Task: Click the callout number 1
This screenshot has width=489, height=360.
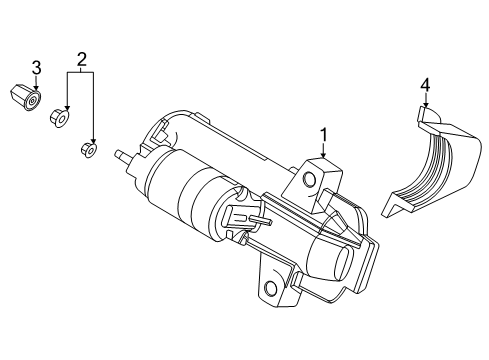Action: click(x=324, y=134)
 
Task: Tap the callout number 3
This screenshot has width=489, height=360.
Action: click(x=35, y=67)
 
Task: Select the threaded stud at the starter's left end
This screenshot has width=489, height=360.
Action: click(x=123, y=157)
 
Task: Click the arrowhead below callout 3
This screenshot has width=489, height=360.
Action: click(x=35, y=91)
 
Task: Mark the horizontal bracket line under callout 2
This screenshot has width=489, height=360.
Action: click(x=80, y=74)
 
